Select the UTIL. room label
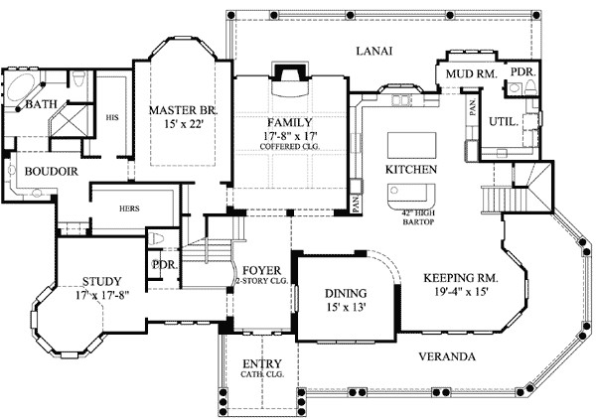point(502,121)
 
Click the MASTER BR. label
point(183,109)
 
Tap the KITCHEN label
point(411,170)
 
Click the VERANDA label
point(445,355)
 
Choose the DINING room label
point(346,294)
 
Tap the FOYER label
point(261,270)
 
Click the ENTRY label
point(261,363)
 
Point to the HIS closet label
point(112,117)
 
